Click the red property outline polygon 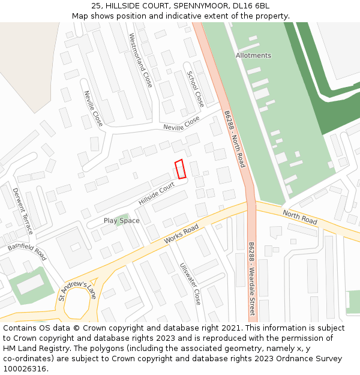(181, 169)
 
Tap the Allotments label (253, 55)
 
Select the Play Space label (121, 221)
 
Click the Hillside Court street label (156, 194)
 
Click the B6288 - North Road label (235, 139)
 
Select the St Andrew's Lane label (77, 292)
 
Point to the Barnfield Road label (27, 251)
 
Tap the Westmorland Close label (140, 60)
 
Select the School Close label (196, 89)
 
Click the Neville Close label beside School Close (181, 124)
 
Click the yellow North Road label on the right (299, 218)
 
